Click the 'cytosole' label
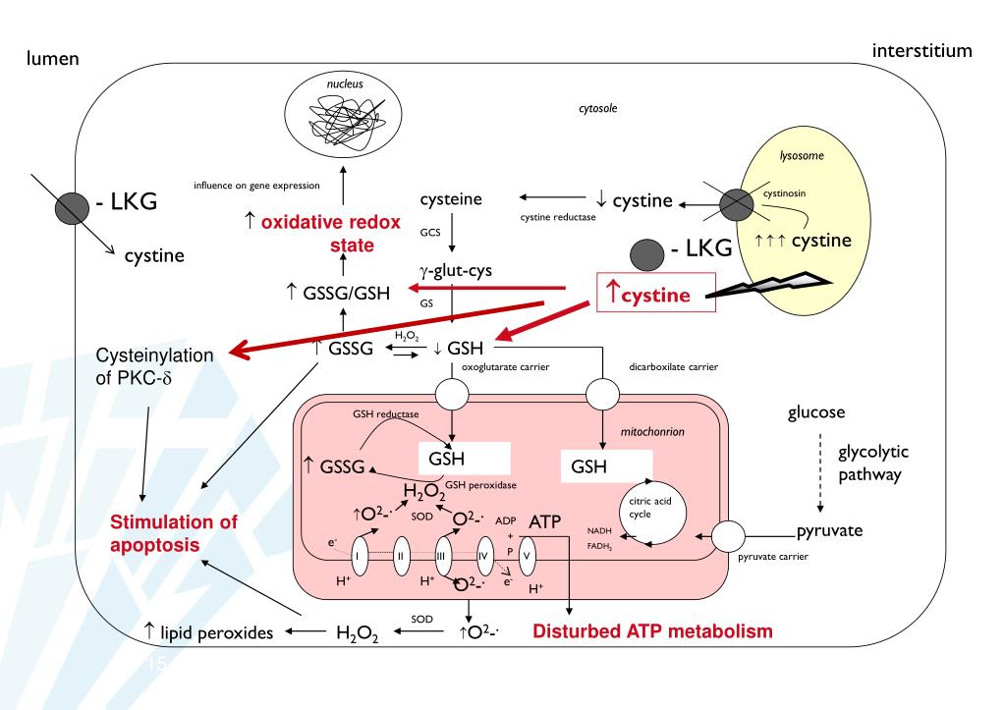(599, 112)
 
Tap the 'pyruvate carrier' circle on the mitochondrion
(731, 539)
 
